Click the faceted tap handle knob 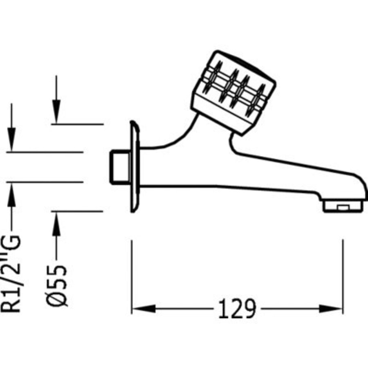[233, 92]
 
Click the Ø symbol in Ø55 [57, 298]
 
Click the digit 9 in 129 [249, 309]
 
